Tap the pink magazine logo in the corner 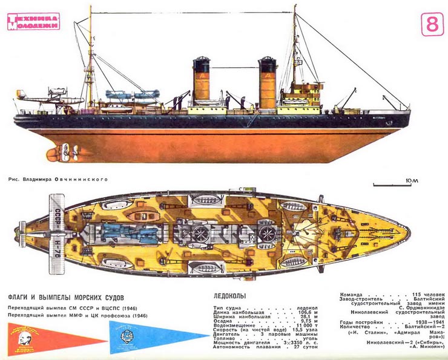33,22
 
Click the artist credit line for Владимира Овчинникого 58,179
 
